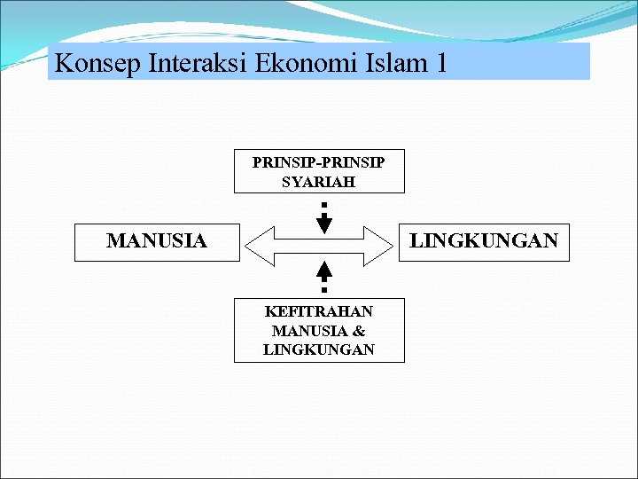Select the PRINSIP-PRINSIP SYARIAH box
(x=319, y=171)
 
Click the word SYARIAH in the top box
(x=318, y=182)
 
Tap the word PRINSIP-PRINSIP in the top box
(x=318, y=163)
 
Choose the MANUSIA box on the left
(x=157, y=241)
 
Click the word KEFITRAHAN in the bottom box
(x=319, y=312)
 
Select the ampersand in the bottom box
(x=359, y=331)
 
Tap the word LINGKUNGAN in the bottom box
(x=319, y=349)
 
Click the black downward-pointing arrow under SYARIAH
(x=324, y=222)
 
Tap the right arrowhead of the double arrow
(x=378, y=244)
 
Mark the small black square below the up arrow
(x=324, y=289)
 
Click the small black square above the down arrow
(x=324, y=205)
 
